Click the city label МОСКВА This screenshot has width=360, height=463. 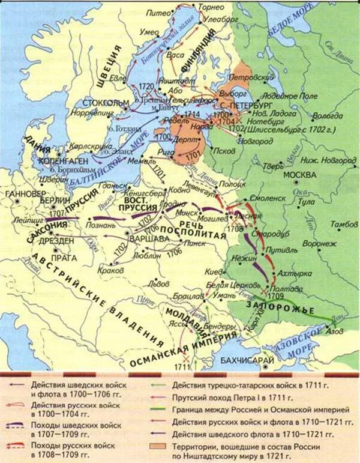pos(299,175)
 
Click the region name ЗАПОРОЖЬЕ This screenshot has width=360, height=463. pos(272,309)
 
